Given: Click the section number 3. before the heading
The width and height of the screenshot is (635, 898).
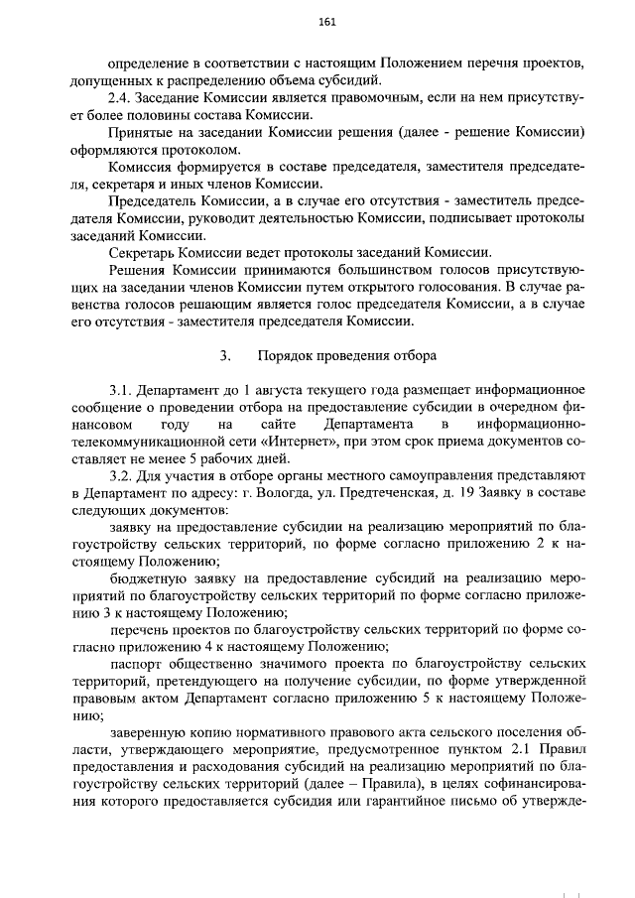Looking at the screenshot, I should [225, 354].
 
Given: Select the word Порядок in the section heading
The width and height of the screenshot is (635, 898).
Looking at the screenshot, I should [285, 354].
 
